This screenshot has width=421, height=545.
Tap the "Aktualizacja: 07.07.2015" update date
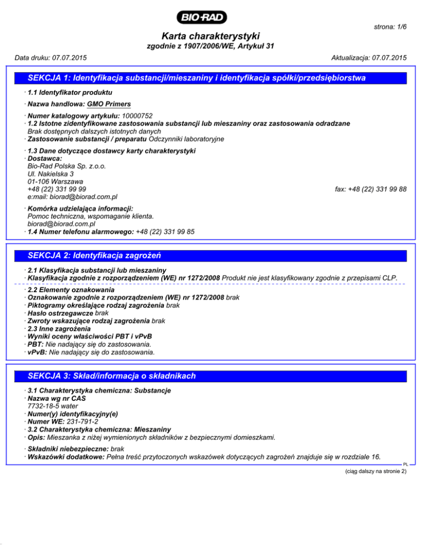click(x=369, y=58)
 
